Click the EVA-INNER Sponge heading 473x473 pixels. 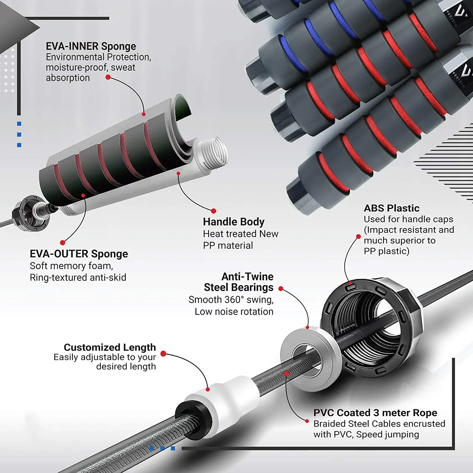pos(91,46)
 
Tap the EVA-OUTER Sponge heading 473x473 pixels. pos(79,254)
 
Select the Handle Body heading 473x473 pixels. pos(234,222)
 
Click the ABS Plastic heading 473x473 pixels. pos(391,208)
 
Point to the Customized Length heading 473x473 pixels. pos(110,347)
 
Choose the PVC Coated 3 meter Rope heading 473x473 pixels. pos(375,413)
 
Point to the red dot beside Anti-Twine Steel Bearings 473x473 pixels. pos(281,289)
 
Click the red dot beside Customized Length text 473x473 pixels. pos(163,354)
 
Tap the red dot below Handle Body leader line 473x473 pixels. pos(213,211)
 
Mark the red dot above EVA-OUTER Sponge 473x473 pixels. pos(62,242)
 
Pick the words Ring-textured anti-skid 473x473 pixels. pos(78,277)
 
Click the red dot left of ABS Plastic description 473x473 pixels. pos(358,237)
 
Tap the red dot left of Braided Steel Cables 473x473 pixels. pos(307,421)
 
